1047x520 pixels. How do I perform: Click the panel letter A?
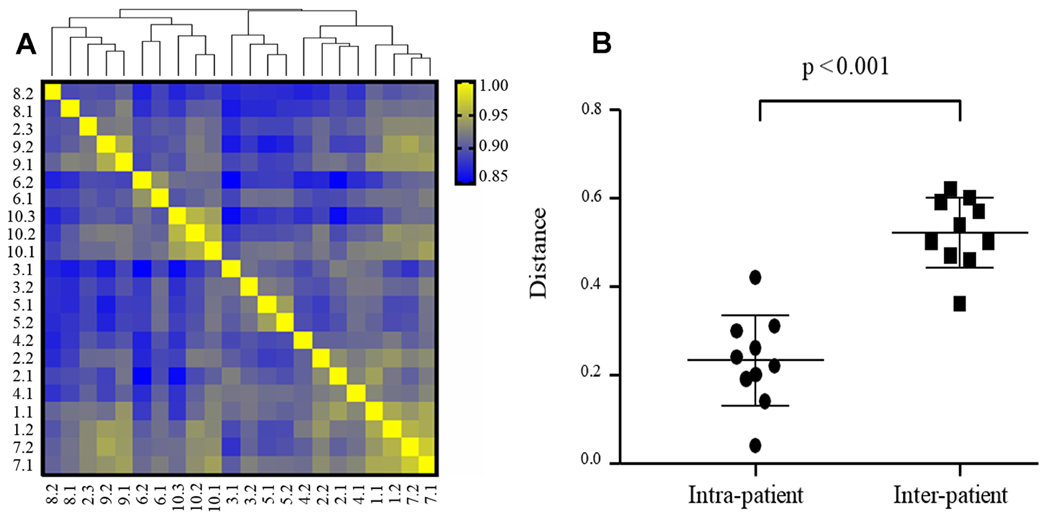click(x=26, y=44)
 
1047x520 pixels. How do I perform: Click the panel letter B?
click(x=602, y=43)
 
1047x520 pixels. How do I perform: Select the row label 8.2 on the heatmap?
click(x=23, y=94)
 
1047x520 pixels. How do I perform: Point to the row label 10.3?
click(x=20, y=216)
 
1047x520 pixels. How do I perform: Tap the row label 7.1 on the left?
click(x=23, y=465)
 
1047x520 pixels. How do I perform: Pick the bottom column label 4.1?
click(x=358, y=494)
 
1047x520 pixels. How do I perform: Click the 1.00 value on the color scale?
click(x=493, y=86)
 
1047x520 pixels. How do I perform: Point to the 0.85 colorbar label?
click(x=493, y=176)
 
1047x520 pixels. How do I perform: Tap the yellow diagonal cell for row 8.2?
click(x=52, y=92)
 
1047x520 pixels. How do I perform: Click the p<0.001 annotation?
click(x=845, y=67)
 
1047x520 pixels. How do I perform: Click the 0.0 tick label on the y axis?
click(x=592, y=459)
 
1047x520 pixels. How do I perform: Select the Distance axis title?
click(x=538, y=253)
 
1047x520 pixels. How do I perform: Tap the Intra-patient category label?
click(x=745, y=495)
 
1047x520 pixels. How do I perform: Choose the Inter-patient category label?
click(x=950, y=495)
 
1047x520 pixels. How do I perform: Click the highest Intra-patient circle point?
click(x=755, y=277)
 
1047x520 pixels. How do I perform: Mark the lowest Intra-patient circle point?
click(x=755, y=446)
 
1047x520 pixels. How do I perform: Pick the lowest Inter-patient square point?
click(x=959, y=304)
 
